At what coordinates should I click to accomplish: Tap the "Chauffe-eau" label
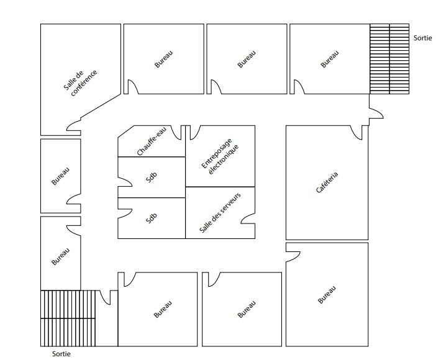152,143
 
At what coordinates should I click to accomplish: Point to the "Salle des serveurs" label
220,212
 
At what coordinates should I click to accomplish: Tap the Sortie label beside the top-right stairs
422,38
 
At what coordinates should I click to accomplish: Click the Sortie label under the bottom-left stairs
61,354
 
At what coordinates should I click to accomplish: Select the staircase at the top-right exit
389,58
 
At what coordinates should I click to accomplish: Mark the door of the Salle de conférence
74,127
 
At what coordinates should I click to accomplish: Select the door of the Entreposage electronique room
193,132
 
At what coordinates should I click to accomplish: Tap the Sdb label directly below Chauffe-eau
152,177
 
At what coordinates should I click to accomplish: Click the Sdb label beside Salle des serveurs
152,218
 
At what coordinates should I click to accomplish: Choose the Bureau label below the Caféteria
327,294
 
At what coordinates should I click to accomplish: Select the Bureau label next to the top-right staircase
330,60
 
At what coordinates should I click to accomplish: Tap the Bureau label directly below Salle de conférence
60,176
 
